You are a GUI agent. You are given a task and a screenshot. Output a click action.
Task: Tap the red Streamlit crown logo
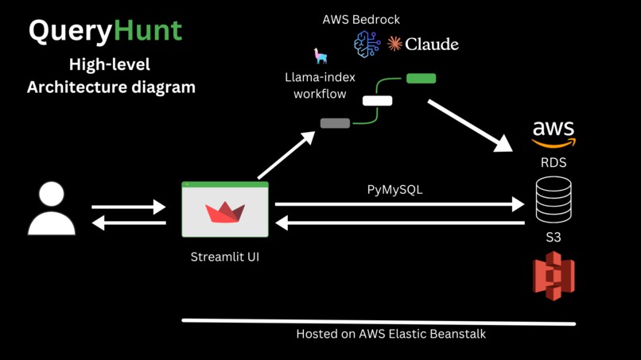click(225, 212)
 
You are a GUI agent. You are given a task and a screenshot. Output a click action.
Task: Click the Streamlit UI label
click(225, 257)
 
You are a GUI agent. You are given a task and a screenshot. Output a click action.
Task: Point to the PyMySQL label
click(394, 190)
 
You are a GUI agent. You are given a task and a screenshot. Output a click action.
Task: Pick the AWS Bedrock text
click(361, 18)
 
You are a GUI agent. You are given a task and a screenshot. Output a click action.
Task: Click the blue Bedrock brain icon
click(367, 45)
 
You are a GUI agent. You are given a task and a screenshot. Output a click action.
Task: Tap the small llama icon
click(320, 56)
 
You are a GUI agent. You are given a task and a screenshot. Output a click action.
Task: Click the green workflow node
click(421, 79)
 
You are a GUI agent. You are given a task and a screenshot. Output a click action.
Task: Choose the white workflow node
click(377, 101)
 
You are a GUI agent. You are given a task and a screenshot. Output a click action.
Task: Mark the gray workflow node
click(335, 123)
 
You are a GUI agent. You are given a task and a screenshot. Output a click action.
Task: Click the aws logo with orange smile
click(554, 134)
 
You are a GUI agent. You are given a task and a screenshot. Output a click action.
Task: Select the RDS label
click(554, 162)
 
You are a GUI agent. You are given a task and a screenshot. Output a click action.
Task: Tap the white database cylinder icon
click(554, 199)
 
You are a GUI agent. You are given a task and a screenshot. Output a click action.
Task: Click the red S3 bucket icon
click(554, 276)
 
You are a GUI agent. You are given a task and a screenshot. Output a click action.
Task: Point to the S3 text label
click(554, 237)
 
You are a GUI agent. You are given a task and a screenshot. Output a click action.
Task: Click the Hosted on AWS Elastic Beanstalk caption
click(390, 334)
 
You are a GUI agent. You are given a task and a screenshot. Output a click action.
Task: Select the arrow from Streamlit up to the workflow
click(287, 156)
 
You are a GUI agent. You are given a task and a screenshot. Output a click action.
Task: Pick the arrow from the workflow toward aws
click(469, 125)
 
